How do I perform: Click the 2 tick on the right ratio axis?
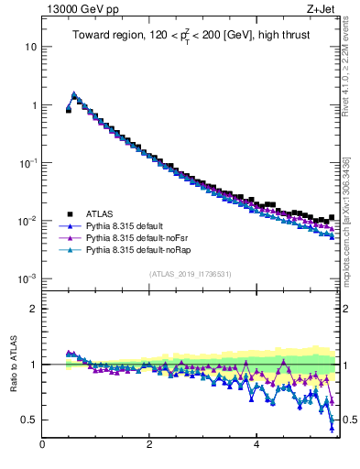(347, 309)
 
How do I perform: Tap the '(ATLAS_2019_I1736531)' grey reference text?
(191, 274)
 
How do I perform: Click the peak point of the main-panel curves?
(73, 93)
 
